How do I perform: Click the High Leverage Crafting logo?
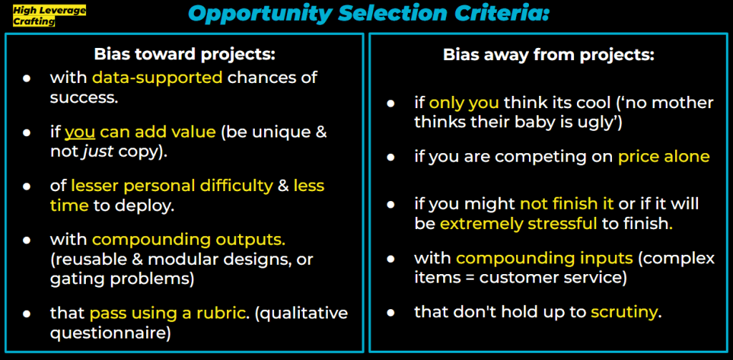(49, 16)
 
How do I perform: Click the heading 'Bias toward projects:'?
(185, 54)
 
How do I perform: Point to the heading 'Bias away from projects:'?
(548, 54)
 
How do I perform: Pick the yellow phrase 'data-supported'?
(157, 77)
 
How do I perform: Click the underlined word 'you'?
(80, 132)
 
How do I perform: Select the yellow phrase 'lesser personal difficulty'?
(172, 186)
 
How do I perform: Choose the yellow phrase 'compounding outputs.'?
(189, 240)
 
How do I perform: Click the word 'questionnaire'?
(110, 334)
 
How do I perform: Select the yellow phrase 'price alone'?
(664, 157)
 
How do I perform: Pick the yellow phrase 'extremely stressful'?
(518, 224)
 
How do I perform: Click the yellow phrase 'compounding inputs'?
(545, 258)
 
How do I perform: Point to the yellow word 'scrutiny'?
(624, 312)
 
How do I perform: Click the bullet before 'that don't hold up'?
(390, 312)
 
